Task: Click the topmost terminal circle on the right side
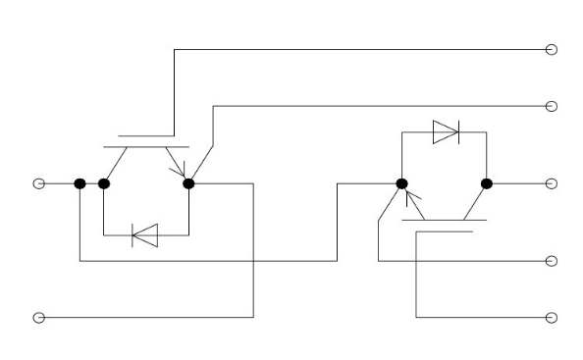click(551, 49)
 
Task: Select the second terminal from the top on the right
click(551, 106)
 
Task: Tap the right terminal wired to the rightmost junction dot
click(551, 183)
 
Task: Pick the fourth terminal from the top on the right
click(551, 261)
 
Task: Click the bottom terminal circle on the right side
click(551, 317)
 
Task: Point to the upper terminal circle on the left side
click(39, 183)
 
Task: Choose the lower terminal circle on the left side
click(39, 317)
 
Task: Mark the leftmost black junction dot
click(79, 183)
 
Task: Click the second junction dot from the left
click(103, 183)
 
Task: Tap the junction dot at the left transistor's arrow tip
click(188, 183)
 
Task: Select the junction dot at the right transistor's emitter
click(401, 183)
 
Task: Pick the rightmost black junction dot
click(486, 183)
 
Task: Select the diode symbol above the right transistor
click(445, 132)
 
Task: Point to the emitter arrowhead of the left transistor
click(180, 173)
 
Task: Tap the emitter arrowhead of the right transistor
click(412, 203)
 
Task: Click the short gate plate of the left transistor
click(145, 135)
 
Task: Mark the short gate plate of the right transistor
click(445, 232)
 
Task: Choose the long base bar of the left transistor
click(145, 147)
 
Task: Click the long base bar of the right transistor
click(445, 221)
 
